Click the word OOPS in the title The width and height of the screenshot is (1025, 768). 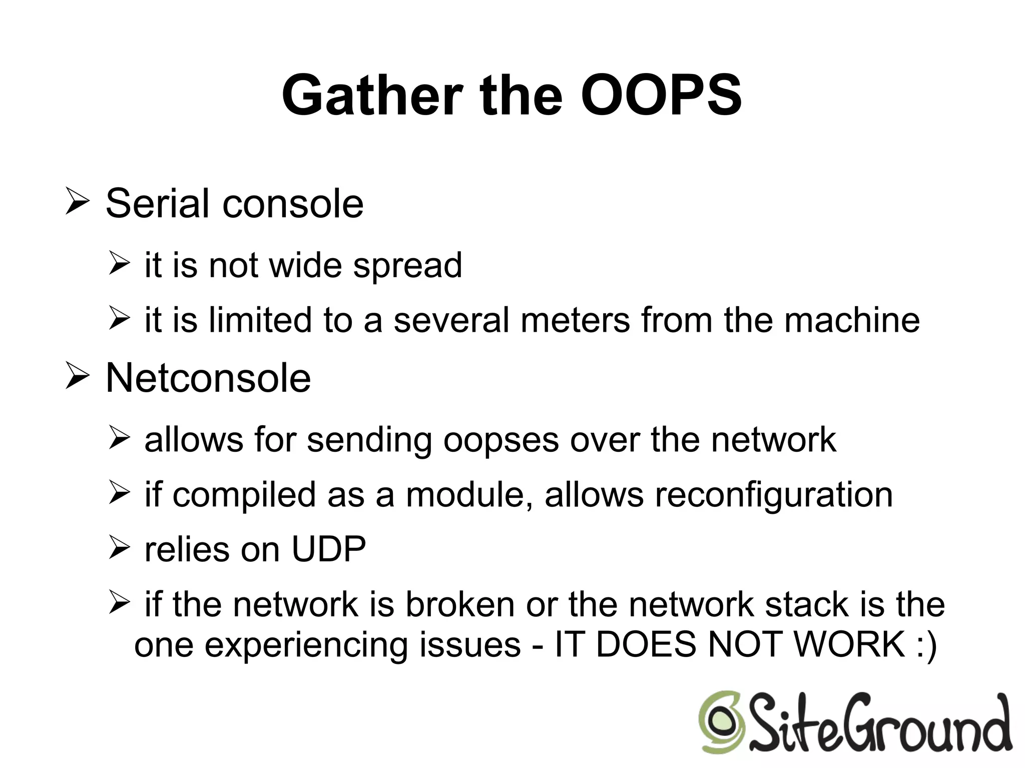click(661, 96)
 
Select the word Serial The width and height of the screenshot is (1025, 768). click(157, 204)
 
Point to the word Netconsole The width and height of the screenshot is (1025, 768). click(208, 378)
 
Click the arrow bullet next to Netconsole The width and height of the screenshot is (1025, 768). click(77, 378)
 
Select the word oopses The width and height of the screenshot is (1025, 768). click(501, 440)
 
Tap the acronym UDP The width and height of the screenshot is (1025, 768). click(328, 549)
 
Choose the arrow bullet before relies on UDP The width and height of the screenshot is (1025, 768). click(119, 548)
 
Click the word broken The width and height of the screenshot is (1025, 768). click(460, 604)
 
